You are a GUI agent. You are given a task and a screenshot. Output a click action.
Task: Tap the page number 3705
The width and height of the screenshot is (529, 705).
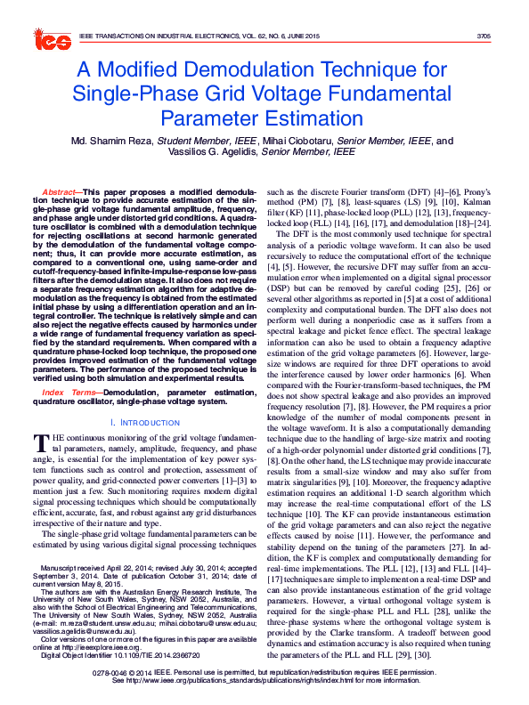tap(484, 36)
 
